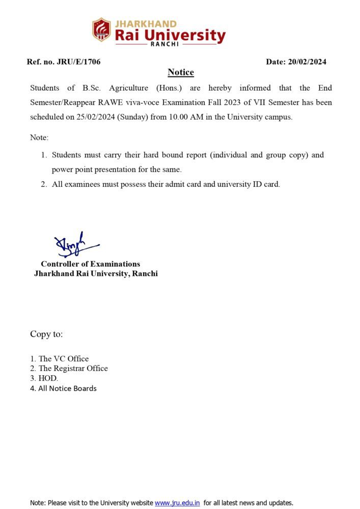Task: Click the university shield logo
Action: pyautogui.click(x=101, y=30)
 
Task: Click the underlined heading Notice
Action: pyautogui.click(x=181, y=73)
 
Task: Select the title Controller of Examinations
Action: pyautogui.click(x=91, y=264)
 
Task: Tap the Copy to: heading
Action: pyautogui.click(x=46, y=334)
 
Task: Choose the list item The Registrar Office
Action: pyautogui.click(x=73, y=369)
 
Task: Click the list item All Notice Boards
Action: pyautogui.click(x=67, y=388)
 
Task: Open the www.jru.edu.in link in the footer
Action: pyautogui.click(x=177, y=503)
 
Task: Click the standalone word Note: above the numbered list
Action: pyautogui.click(x=39, y=138)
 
